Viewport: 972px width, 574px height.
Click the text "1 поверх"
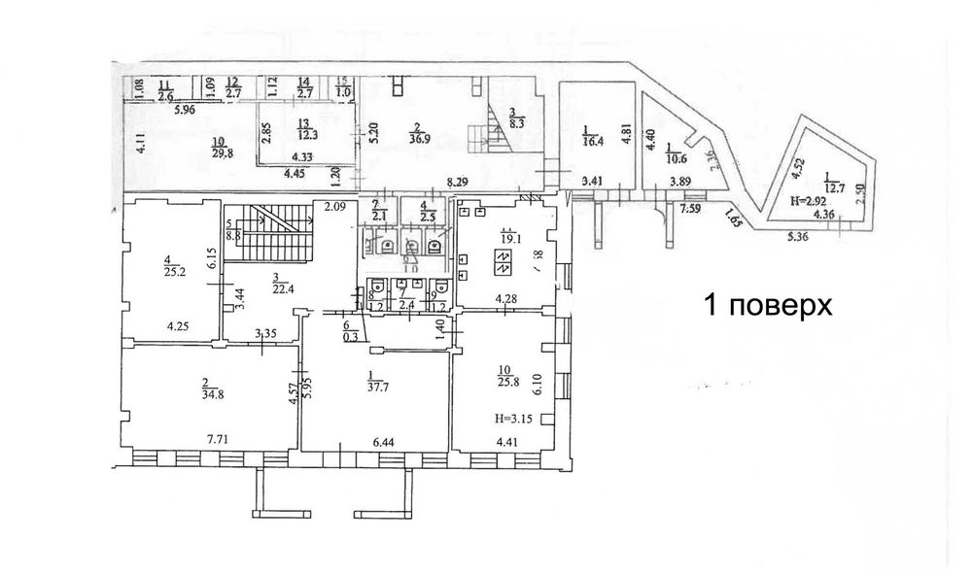(x=768, y=306)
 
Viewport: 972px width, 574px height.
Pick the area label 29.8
(x=220, y=150)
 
